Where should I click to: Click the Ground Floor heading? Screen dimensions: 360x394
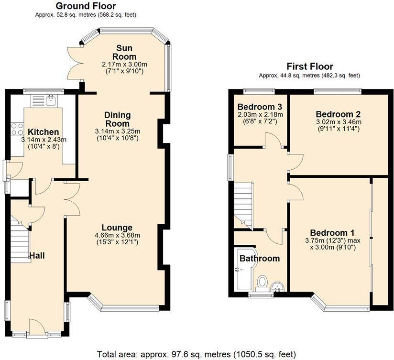86,6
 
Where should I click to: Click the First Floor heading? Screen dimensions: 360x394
309,66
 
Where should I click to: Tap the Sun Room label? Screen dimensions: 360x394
123,53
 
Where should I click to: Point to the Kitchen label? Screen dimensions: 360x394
43,132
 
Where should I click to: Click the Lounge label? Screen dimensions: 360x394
117,227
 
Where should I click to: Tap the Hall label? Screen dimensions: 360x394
37,256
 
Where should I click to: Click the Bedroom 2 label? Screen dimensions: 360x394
338,114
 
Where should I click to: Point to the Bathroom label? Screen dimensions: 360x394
260,258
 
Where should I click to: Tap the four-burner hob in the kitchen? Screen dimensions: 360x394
18,129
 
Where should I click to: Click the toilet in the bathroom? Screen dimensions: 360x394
262,283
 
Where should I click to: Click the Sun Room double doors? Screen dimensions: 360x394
74,62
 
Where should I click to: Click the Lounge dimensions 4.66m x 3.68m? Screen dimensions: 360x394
117,235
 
